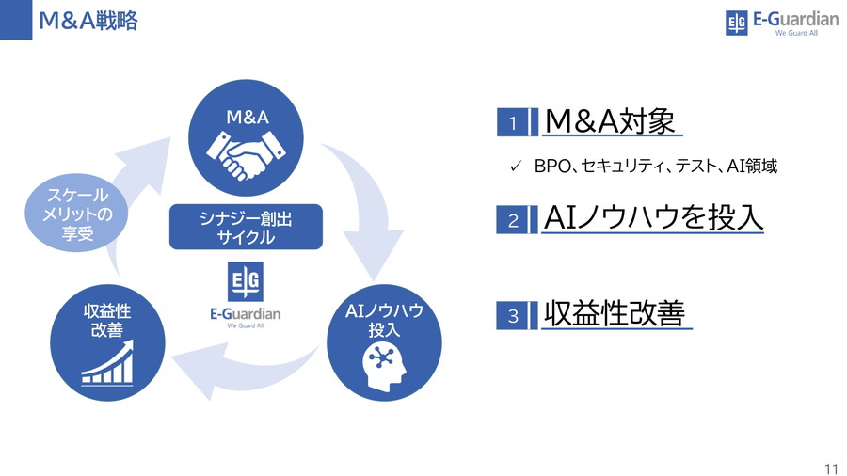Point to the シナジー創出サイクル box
[x=246, y=228]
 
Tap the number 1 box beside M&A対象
[x=513, y=123]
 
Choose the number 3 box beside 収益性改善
[x=513, y=316]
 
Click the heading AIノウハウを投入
[x=653, y=217]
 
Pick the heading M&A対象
[x=610, y=120]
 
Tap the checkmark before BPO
[x=515, y=167]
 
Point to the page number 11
[x=830, y=468]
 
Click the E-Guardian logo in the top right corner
[x=781, y=22]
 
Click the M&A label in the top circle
[x=248, y=118]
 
